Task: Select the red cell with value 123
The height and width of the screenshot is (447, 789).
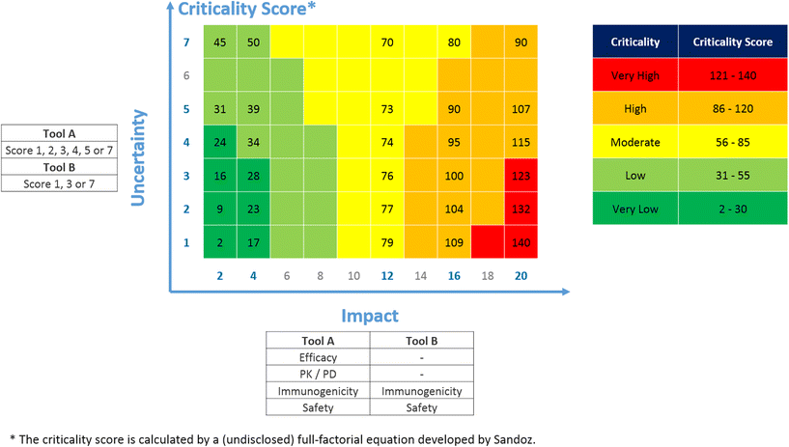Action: (521, 178)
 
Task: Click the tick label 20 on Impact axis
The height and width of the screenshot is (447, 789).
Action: (521, 275)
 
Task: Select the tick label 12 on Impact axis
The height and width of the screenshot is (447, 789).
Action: (387, 275)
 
